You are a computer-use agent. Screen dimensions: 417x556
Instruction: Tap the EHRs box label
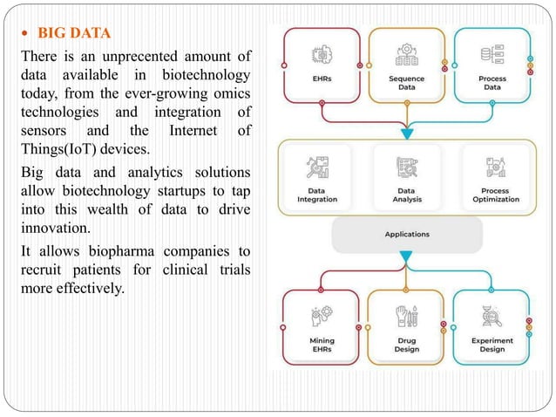[322, 78]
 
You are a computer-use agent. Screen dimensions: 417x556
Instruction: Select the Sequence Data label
[407, 82]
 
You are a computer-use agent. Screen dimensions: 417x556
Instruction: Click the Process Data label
[492, 82]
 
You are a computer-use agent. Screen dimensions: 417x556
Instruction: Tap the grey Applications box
[407, 234]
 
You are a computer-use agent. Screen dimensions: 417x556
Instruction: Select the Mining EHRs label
[322, 345]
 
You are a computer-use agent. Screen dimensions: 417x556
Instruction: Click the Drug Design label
[407, 345]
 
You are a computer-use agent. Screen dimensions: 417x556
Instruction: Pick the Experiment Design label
[492, 345]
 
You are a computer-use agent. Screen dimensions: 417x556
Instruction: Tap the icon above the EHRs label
[322, 54]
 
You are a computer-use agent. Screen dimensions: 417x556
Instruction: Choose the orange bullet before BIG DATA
[25, 35]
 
